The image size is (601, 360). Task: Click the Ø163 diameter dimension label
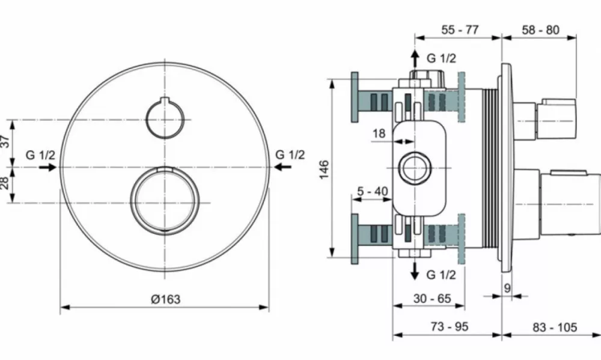[166, 299]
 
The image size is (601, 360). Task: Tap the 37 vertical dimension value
[5, 141]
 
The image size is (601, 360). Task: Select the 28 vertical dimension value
[5, 183]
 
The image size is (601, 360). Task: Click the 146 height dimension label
[324, 169]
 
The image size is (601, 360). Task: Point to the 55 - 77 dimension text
[460, 29]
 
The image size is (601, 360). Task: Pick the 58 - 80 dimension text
[540, 29]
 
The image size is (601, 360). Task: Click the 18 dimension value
[379, 133]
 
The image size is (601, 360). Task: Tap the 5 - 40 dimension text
[372, 191]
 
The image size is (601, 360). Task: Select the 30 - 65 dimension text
[432, 298]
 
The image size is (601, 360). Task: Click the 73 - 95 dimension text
[450, 327]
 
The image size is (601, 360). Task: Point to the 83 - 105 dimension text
[555, 327]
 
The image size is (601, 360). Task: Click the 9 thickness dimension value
[507, 288]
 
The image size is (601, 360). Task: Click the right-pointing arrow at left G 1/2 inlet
[48, 167]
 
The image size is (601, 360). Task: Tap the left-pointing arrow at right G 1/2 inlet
[282, 166]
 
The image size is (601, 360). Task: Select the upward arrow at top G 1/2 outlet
[415, 59]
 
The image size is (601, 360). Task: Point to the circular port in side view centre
[400, 168]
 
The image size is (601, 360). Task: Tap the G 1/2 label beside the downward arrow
[442, 275]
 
